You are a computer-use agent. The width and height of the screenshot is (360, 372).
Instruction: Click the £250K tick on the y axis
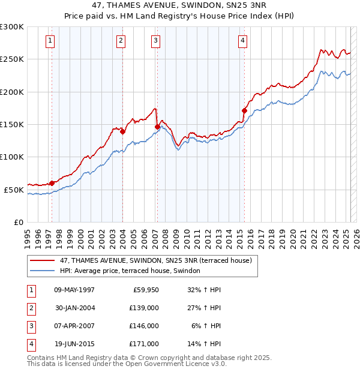click(12, 59)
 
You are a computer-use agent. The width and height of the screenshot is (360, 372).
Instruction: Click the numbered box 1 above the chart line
click(50, 41)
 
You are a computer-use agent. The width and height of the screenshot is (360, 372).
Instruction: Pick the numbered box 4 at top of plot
click(242, 41)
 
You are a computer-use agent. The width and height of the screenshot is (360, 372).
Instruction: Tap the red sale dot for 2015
click(244, 110)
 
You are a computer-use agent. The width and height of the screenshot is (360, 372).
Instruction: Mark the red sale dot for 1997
click(52, 183)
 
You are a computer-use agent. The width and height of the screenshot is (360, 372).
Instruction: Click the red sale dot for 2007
click(157, 127)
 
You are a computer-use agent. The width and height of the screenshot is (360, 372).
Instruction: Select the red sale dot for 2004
click(122, 131)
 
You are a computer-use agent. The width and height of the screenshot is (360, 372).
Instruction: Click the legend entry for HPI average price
click(133, 271)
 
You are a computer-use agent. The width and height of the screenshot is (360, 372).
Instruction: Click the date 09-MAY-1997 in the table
click(74, 290)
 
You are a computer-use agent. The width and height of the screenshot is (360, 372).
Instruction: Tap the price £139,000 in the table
click(144, 308)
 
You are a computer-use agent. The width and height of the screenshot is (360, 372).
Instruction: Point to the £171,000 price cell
click(144, 344)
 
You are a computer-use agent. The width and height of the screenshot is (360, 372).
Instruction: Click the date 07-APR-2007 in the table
click(74, 326)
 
